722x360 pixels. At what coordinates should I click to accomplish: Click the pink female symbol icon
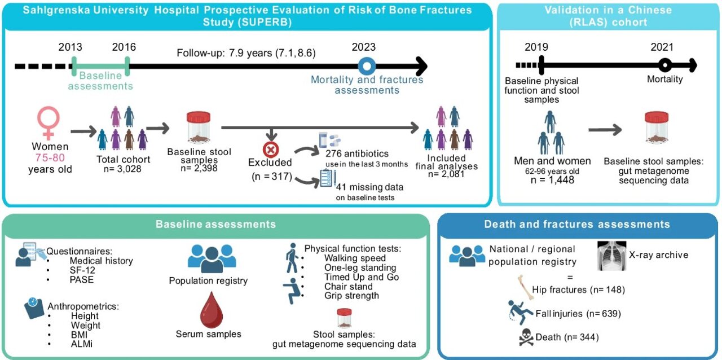tap(49, 123)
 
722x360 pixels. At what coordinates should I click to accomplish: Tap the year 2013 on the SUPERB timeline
tap(71, 47)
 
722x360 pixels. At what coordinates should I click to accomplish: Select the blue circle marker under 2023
tap(367, 66)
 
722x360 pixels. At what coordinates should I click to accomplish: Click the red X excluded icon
tap(271, 150)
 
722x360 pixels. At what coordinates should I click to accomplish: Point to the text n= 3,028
tap(122, 169)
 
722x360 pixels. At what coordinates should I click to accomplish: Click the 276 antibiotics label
tap(357, 153)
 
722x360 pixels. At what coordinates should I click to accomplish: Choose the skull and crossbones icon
tap(526, 337)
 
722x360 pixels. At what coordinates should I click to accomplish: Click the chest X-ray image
tap(611, 256)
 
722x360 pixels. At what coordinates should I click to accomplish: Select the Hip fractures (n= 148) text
tap(578, 289)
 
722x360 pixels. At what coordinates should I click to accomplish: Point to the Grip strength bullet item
tap(351, 296)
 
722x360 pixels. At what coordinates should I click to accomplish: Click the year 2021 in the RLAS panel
tap(662, 47)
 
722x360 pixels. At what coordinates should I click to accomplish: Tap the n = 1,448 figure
tap(552, 180)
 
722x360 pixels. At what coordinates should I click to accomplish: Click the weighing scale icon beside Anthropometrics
tap(34, 308)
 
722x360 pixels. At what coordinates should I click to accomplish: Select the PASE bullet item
tap(82, 280)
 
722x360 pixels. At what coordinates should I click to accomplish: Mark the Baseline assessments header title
tap(215, 224)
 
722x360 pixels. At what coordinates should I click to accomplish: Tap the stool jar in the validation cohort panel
tap(657, 127)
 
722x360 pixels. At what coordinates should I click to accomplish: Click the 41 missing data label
tap(369, 187)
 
